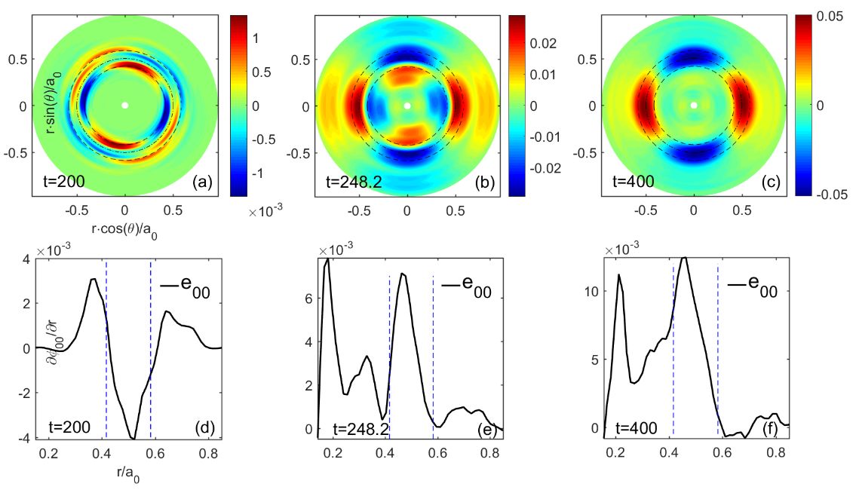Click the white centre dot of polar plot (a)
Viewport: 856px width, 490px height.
[125, 106]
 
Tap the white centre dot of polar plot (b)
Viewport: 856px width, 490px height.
[407, 106]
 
